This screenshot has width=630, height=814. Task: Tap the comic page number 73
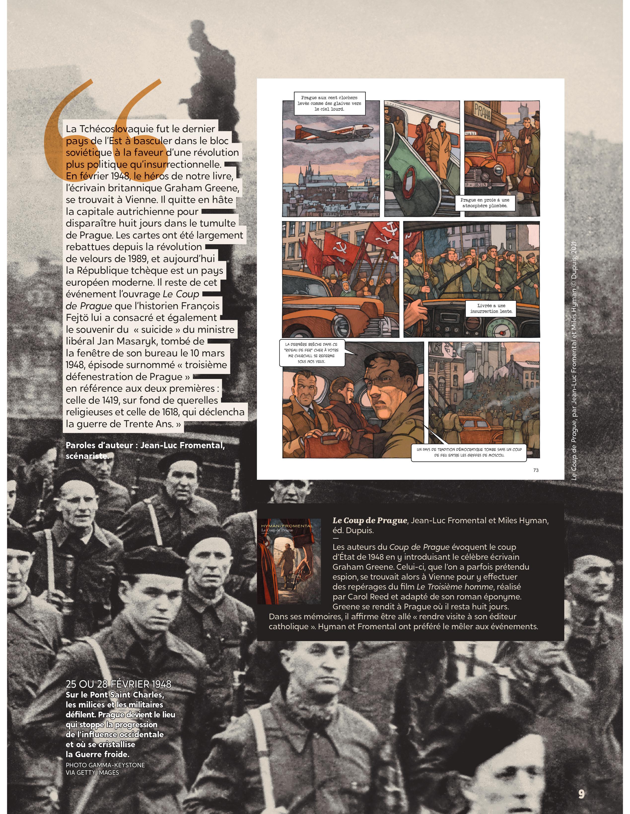[536, 470]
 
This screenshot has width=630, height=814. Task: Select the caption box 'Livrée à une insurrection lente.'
[491, 308]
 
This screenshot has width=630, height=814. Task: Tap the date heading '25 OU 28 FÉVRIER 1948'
[118, 684]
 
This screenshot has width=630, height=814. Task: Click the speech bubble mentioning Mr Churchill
[312, 353]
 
